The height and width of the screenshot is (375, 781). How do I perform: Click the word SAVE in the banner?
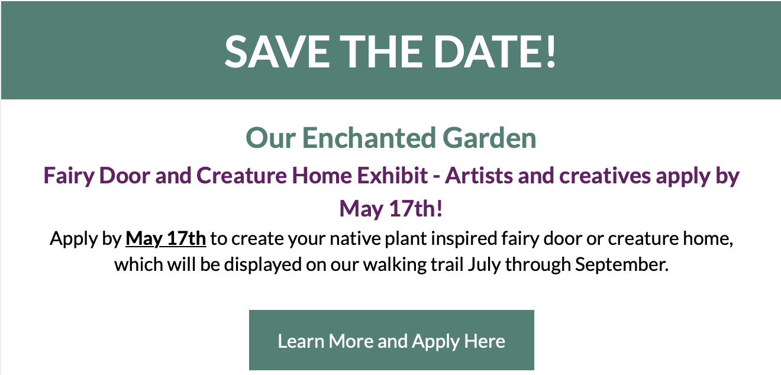coord(277,51)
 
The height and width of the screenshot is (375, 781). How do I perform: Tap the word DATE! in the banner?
coord(493,51)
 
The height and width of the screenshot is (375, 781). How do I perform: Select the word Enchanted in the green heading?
coord(369,138)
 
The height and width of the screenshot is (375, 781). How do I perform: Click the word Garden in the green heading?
coord(489,138)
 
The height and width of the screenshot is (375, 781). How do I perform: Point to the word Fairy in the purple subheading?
coord(69,176)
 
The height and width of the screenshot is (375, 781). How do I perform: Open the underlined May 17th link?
coord(166,239)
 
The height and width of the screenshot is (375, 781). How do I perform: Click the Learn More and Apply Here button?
coord(391,340)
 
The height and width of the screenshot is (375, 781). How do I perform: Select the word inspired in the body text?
coord(464,240)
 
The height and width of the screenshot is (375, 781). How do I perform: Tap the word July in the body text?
coord(485,265)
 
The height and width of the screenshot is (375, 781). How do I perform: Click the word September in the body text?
coord(622,265)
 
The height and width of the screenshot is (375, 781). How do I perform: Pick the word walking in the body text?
coord(395,265)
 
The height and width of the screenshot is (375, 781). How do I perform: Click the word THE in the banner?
coord(381,51)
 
